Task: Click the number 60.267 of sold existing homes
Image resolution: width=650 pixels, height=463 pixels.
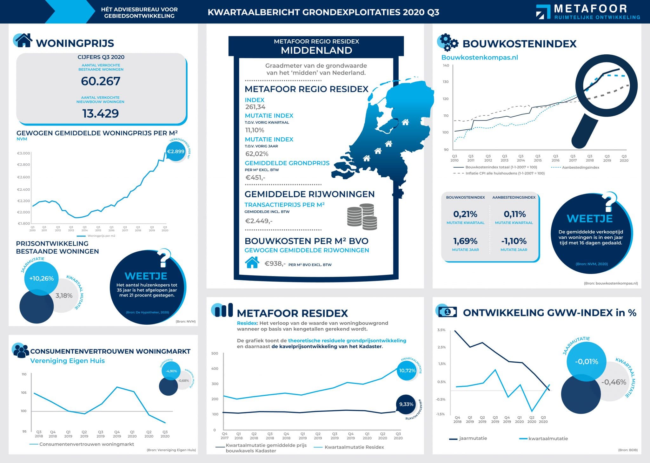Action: [x=101, y=81]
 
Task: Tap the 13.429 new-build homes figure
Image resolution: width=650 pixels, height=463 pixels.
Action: [x=101, y=113]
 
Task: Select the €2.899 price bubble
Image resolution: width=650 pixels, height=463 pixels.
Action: [x=176, y=152]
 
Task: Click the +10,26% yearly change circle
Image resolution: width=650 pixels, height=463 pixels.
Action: [x=41, y=278]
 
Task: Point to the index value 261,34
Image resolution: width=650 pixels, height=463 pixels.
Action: [x=255, y=107]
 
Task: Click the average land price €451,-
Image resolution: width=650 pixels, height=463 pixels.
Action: [x=255, y=178]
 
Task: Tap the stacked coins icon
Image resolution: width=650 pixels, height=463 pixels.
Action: [x=362, y=216]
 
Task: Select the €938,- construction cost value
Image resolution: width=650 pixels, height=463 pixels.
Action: [x=275, y=263]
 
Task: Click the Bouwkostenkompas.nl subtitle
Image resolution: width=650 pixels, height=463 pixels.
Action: [x=480, y=58]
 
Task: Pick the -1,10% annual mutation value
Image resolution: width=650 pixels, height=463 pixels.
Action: [x=514, y=241]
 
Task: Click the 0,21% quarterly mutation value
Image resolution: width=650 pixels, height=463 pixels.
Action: [x=465, y=214]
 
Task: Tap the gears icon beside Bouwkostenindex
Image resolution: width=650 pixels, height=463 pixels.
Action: [x=448, y=43]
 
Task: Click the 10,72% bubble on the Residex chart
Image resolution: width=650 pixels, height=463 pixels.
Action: [x=407, y=371]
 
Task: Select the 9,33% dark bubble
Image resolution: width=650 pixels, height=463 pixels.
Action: [x=406, y=404]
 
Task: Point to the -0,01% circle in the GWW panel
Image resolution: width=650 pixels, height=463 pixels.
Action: [x=587, y=362]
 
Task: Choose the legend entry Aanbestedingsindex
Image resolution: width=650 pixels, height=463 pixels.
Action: [x=580, y=167]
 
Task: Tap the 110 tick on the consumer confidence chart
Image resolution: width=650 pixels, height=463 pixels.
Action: [x=24, y=374]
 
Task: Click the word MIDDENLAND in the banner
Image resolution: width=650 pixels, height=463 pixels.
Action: [x=316, y=51]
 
